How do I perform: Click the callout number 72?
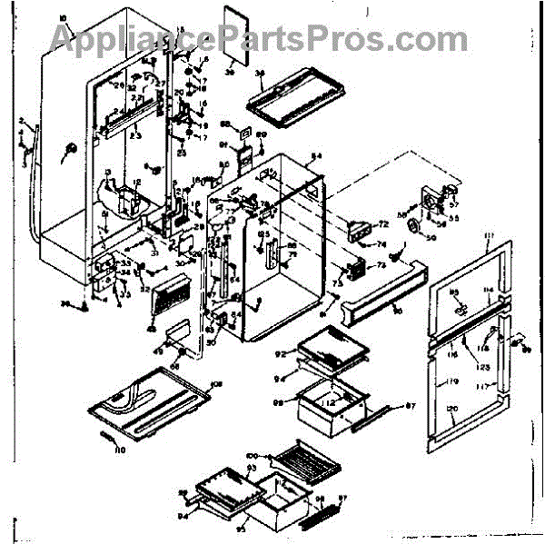tap(383, 223)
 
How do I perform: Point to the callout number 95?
tap(242, 528)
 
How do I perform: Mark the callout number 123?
tap(484, 366)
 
